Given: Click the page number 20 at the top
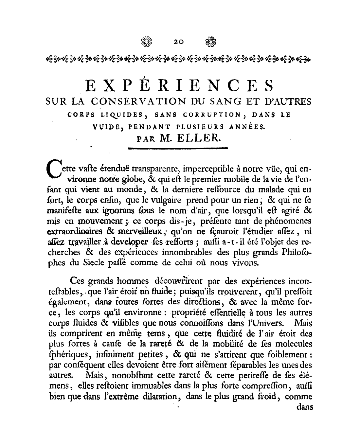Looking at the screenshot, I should (179, 42).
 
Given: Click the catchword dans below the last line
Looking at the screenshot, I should (304, 407).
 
